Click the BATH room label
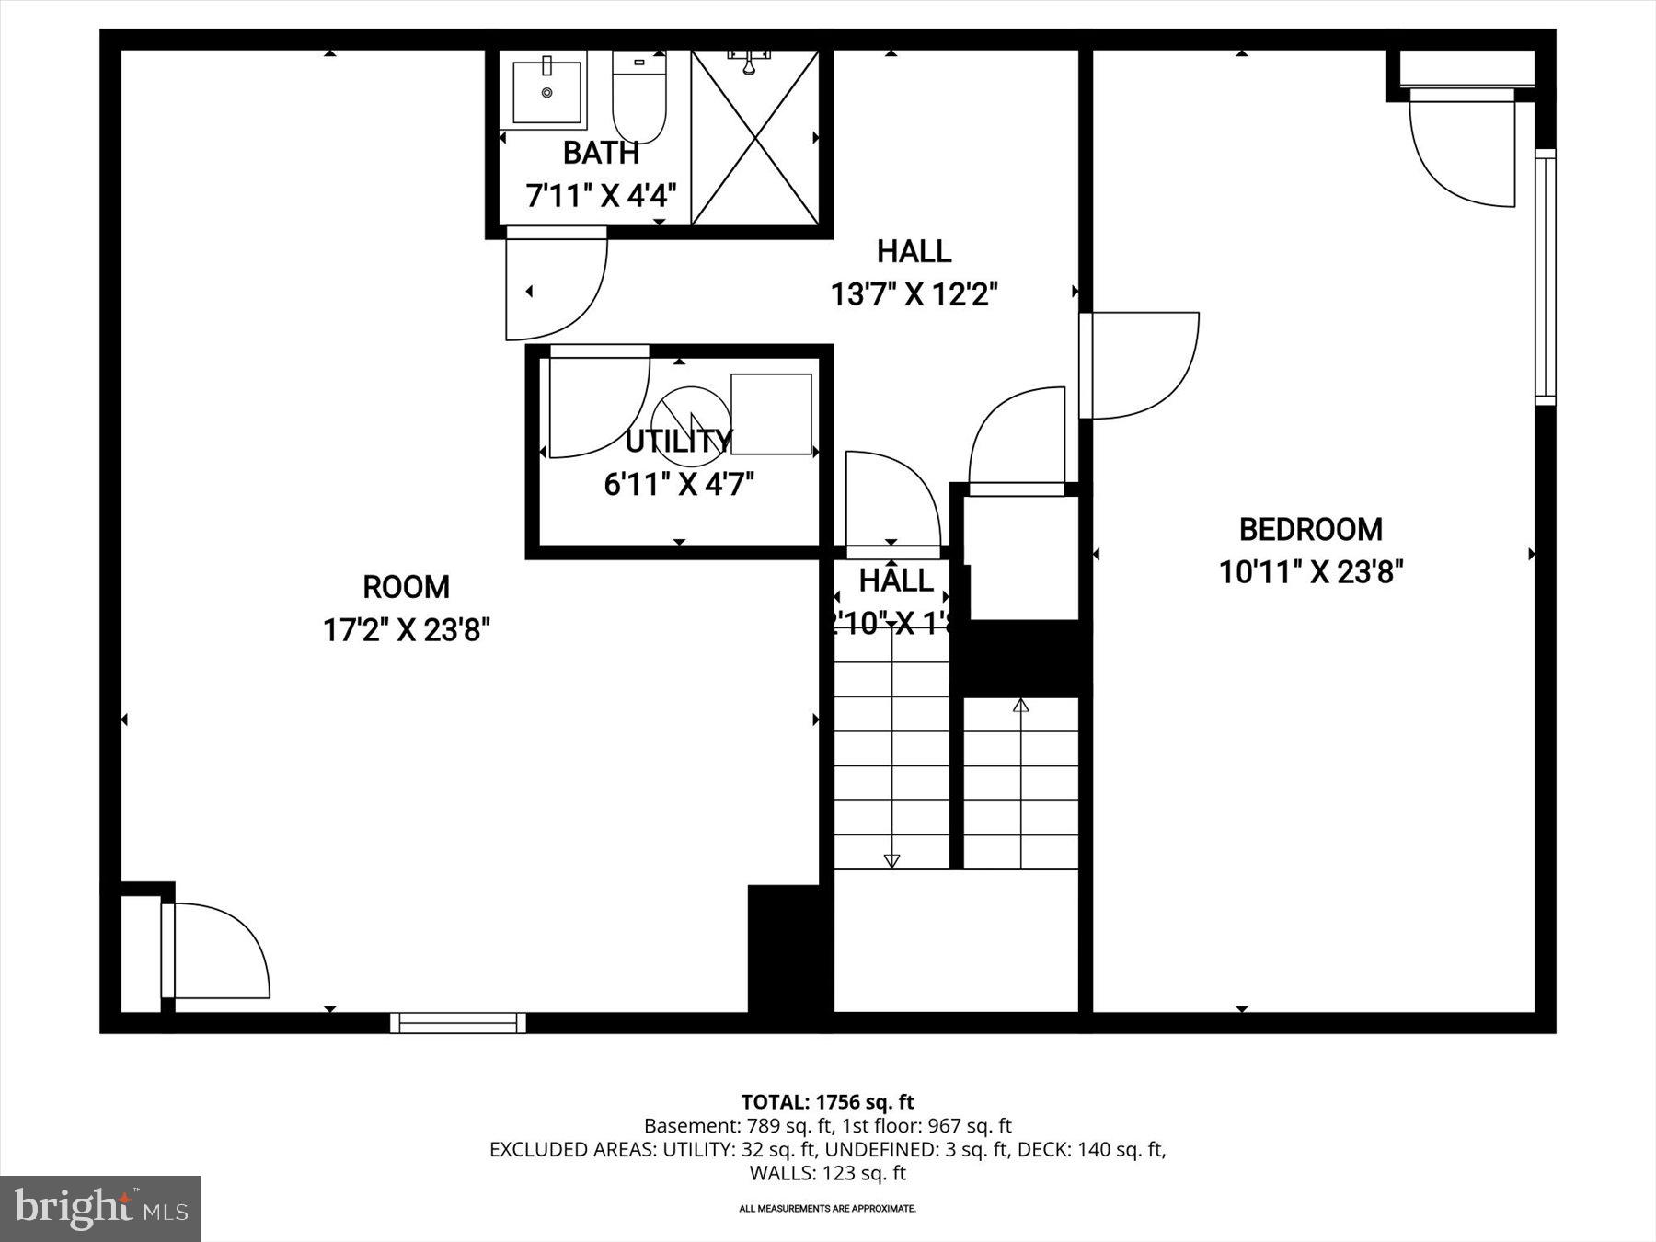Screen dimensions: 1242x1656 [601, 153]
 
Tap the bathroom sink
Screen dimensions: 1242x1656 [546, 92]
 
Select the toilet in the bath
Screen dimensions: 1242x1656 [638, 101]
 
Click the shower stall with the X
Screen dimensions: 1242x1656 [754, 138]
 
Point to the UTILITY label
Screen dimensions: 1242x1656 [678, 442]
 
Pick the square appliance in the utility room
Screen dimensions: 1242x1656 [771, 414]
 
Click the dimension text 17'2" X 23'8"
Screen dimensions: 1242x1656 [406, 631]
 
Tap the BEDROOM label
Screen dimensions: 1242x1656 [1310, 530]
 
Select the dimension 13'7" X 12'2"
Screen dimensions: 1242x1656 [914, 295]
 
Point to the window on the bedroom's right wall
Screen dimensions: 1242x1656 [1545, 276]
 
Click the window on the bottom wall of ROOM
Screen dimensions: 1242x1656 [457, 1023]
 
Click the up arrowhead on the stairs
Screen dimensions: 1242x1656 [1020, 706]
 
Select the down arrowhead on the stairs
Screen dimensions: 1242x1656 [891, 860]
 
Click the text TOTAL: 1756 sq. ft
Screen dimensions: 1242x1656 [827, 1102]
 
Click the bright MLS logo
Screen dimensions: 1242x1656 [100, 1208]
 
